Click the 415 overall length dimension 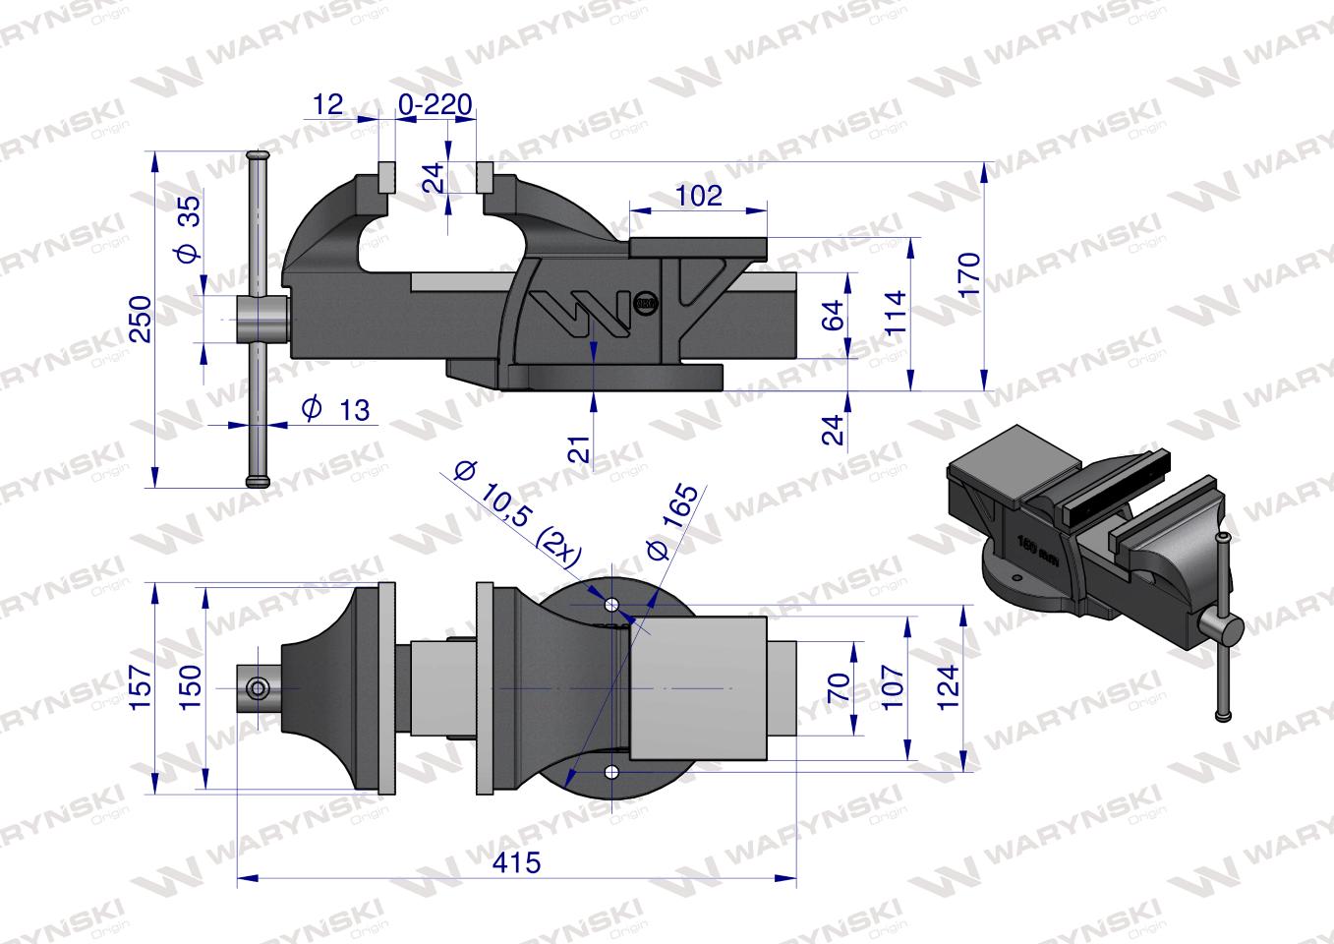517,862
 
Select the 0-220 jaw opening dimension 436,104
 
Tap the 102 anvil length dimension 699,195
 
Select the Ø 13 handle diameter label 336,409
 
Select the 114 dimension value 895,312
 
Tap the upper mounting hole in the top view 612,604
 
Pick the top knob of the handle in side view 259,157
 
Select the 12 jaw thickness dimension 330,104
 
